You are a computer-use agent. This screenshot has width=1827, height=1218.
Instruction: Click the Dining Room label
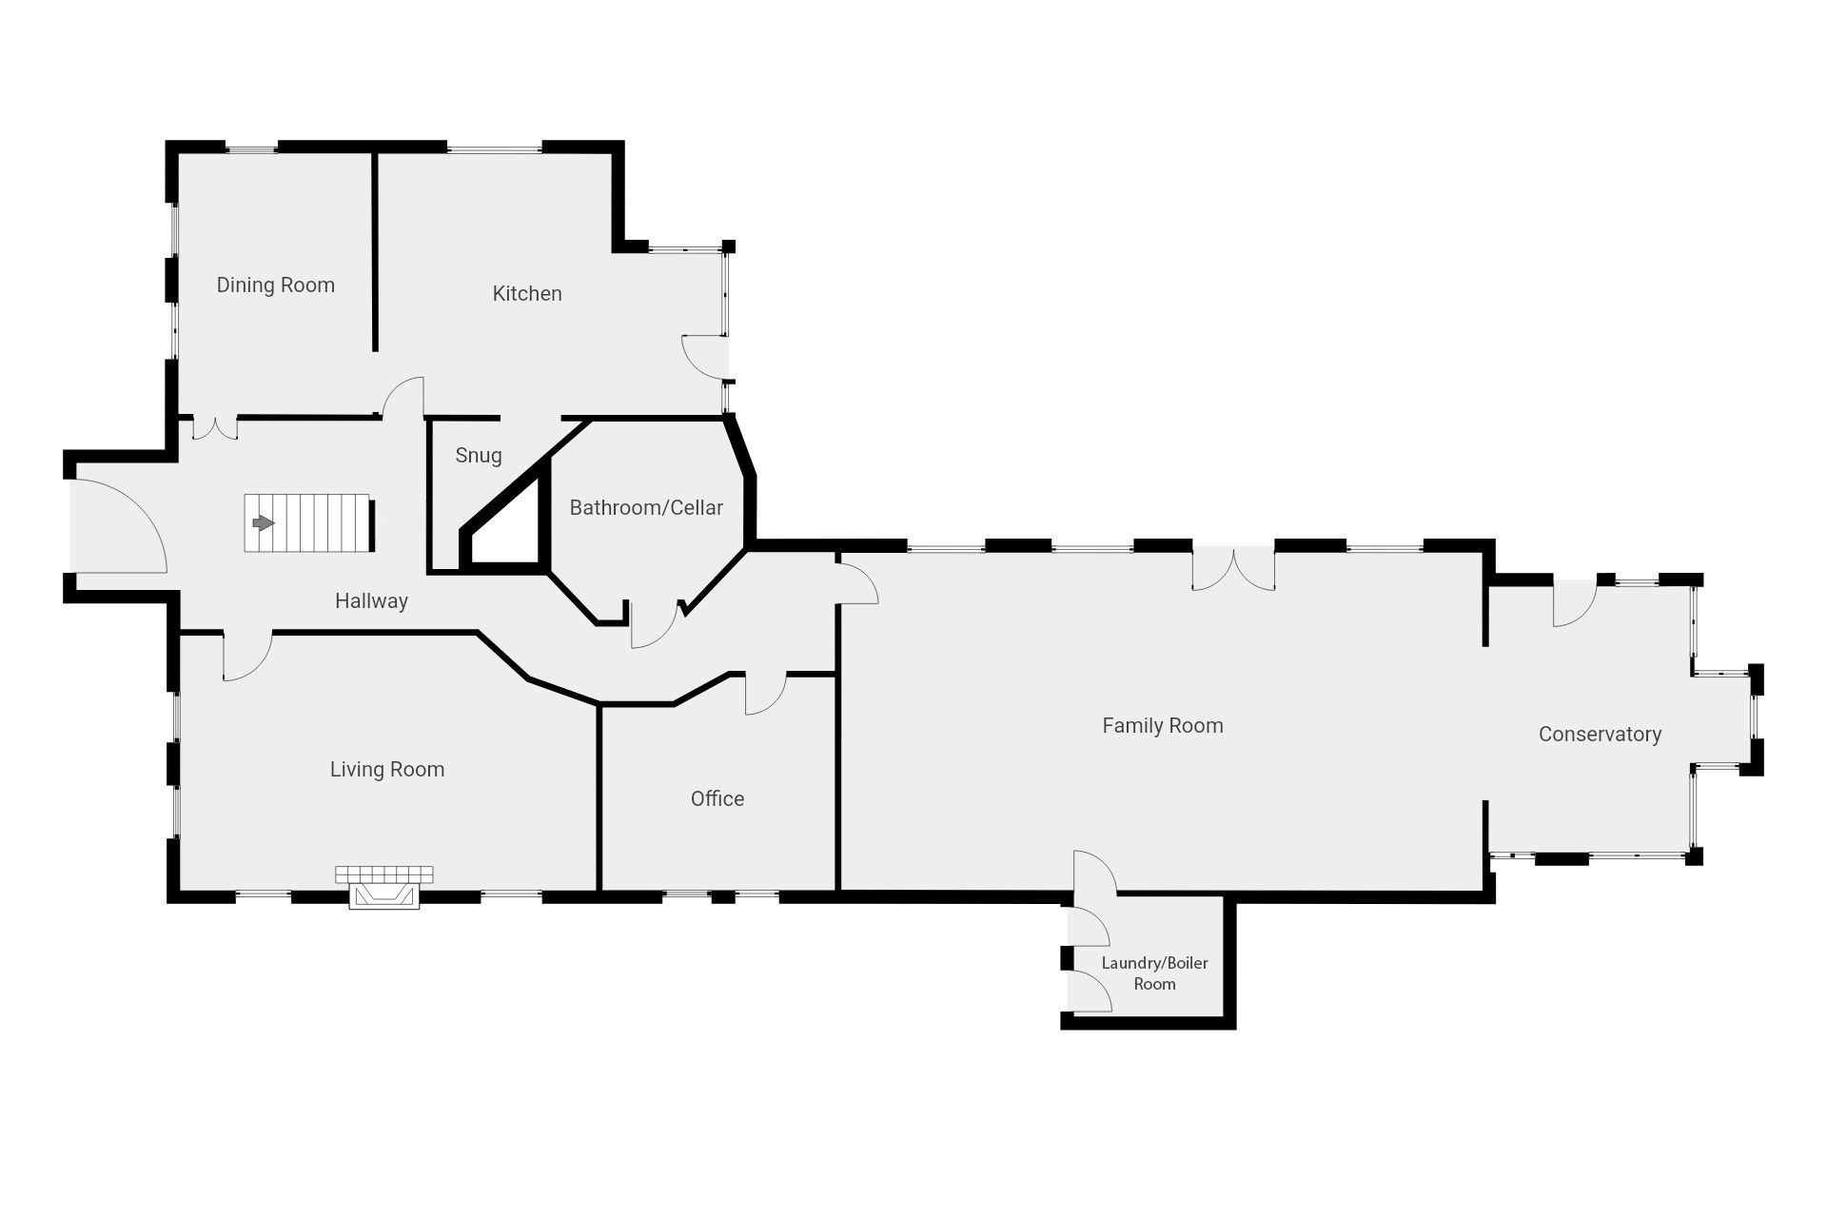pyautogui.click(x=275, y=285)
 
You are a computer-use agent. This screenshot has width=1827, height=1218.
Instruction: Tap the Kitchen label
pyautogui.click(x=527, y=294)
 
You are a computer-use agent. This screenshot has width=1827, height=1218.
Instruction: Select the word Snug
pyautogui.click(x=479, y=456)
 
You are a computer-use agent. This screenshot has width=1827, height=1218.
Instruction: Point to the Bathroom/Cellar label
pyautogui.click(x=646, y=508)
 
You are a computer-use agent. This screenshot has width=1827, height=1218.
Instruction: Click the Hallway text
pyautogui.click(x=371, y=601)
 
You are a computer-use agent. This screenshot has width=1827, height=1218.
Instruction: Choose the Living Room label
pyautogui.click(x=387, y=770)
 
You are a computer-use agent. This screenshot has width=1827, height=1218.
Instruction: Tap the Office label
pyautogui.click(x=717, y=799)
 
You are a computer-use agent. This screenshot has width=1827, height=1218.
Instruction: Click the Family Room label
pyautogui.click(x=1163, y=726)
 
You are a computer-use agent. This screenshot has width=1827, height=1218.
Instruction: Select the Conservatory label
pyautogui.click(x=1600, y=735)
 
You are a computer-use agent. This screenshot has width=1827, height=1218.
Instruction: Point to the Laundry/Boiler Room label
pyautogui.click(x=1154, y=973)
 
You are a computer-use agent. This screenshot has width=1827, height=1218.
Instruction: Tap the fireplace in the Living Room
pyautogui.click(x=384, y=887)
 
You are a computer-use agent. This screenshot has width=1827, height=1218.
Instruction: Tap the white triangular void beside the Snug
pyautogui.click(x=511, y=527)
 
